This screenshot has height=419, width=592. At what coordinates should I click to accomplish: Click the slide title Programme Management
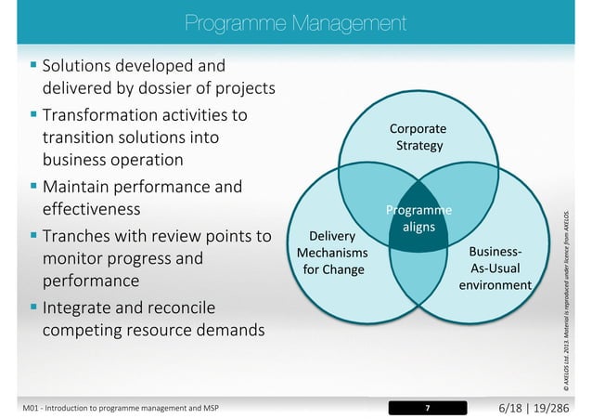[295, 21]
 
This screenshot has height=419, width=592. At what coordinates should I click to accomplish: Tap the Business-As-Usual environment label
[495, 268]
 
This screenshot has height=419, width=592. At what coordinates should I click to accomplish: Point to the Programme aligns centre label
[419, 218]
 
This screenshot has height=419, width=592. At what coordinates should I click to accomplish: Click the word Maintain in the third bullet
[78, 187]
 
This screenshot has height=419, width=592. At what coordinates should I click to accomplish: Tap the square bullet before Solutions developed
[33, 66]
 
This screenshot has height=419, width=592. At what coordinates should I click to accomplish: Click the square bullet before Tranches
[33, 235]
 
